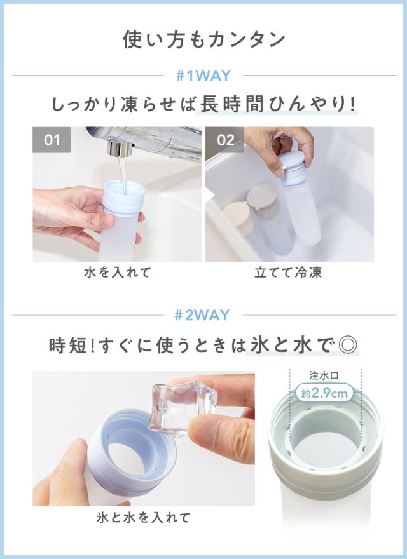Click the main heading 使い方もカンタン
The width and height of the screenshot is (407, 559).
(x=203, y=39)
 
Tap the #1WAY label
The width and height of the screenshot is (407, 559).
(x=203, y=76)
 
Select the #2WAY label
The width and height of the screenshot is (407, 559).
(x=203, y=314)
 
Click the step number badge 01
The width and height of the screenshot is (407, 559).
(x=52, y=140)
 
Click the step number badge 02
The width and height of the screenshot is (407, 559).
(x=226, y=140)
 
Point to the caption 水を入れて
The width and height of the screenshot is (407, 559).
(x=117, y=273)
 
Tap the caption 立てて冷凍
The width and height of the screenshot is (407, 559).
(x=289, y=273)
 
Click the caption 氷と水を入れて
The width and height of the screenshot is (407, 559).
(x=142, y=517)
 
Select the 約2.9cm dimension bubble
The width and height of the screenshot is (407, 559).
(x=325, y=394)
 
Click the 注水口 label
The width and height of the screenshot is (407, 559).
(x=325, y=375)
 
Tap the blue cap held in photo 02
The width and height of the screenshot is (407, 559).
(x=294, y=166)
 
